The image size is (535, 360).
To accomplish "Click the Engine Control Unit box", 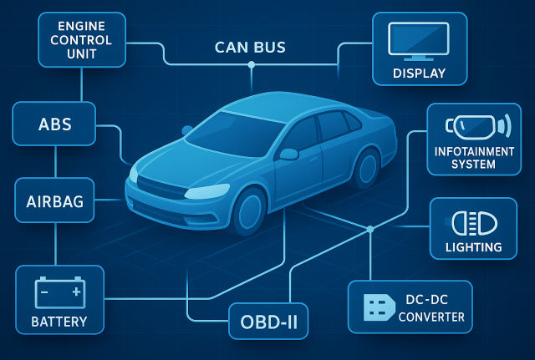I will pos(82,38).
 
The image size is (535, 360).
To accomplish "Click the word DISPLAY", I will pos(420,74).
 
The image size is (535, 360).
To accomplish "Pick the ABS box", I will pos(55,124).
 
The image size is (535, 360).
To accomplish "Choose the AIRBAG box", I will pos(55,202).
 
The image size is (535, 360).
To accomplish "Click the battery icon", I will pos(59,292).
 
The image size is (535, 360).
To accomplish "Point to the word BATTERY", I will pos(59,321).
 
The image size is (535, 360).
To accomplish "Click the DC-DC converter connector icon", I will pos(378,307).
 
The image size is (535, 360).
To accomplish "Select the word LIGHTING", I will pos(473,247).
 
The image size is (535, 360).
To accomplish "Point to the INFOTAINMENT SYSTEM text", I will pos(473,157).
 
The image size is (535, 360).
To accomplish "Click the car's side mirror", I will pos(289,154).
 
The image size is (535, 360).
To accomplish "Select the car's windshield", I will pos(237,133).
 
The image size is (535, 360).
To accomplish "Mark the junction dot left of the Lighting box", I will pos(369,229).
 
